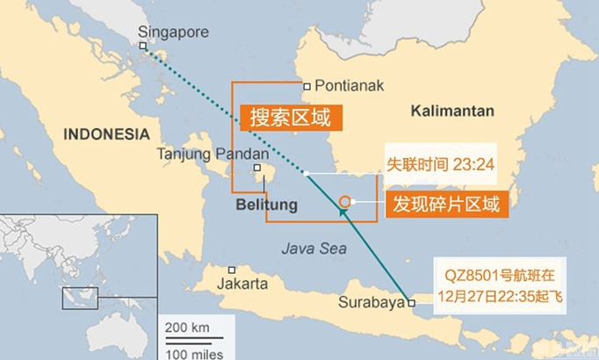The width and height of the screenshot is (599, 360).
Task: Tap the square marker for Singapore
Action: [x=143, y=47]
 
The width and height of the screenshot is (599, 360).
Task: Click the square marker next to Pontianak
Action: [x=307, y=86]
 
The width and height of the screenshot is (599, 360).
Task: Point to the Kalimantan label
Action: [x=451, y=112]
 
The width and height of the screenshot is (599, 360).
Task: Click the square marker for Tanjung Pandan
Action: [x=256, y=168]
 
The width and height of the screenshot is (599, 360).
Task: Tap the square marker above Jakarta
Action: [x=232, y=270]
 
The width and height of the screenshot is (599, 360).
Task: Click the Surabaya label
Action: [x=371, y=303]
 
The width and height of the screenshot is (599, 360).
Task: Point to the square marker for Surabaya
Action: [x=411, y=302]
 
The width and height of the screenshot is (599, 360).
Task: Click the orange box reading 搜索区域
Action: [x=290, y=117]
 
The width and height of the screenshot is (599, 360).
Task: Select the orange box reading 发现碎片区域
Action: [x=445, y=205]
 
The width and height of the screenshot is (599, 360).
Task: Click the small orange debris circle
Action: [x=344, y=201]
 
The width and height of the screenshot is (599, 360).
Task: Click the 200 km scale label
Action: [x=187, y=327]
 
